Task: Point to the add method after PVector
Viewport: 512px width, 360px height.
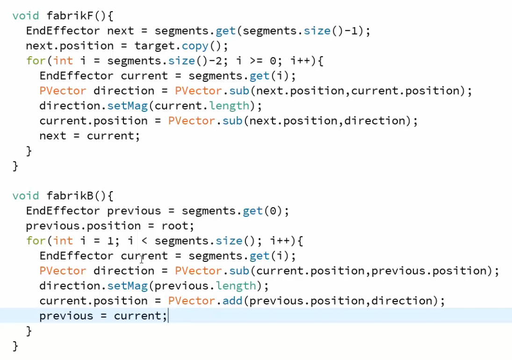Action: point(232,301)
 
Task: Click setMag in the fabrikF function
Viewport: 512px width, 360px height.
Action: point(127,106)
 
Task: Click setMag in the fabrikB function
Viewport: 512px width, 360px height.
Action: point(127,286)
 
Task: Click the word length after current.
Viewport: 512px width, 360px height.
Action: point(229,106)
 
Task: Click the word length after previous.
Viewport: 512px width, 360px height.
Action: point(236,286)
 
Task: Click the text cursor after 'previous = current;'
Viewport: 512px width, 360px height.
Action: point(168,316)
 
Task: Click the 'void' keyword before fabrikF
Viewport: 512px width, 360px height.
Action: point(25,15)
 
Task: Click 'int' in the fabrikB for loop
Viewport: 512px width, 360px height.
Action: point(63,241)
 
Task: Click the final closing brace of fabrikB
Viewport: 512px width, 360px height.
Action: point(15,346)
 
